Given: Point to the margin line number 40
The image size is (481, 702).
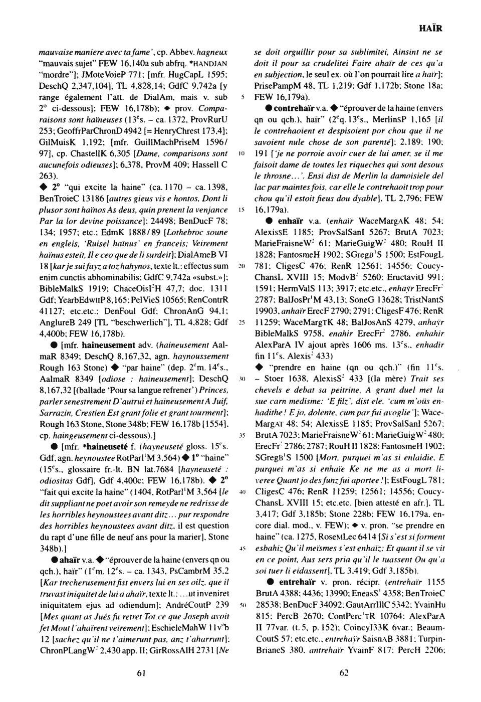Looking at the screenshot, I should [x=241, y=493].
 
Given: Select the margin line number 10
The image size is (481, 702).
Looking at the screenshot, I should [x=241, y=151].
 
